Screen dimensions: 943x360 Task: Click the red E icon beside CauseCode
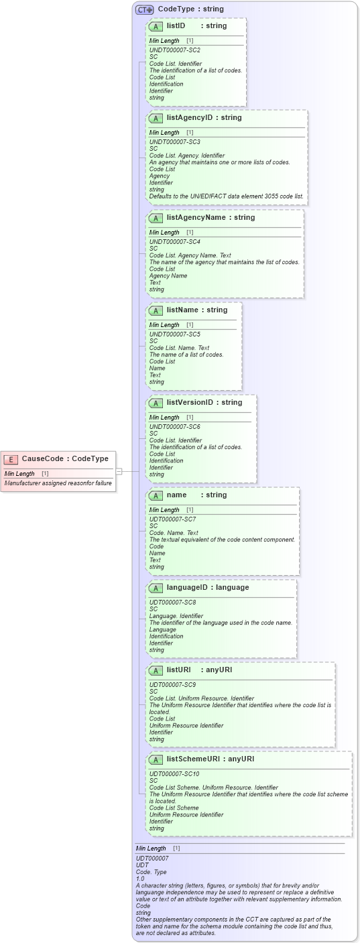pos(11,459)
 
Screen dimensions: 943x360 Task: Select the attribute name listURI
pos(179,670)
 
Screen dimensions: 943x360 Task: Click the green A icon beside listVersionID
pos(156,403)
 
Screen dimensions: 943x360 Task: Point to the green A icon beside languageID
pos(156,588)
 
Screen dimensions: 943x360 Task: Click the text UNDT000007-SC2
pos(174,50)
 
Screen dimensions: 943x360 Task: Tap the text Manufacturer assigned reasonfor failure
pos(58,483)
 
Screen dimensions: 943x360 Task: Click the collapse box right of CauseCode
pos(119,471)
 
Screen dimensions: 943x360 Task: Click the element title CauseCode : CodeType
pos(65,459)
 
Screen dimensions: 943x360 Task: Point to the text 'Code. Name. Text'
pos(174,533)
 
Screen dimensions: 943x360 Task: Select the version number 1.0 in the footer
pos(140,879)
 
